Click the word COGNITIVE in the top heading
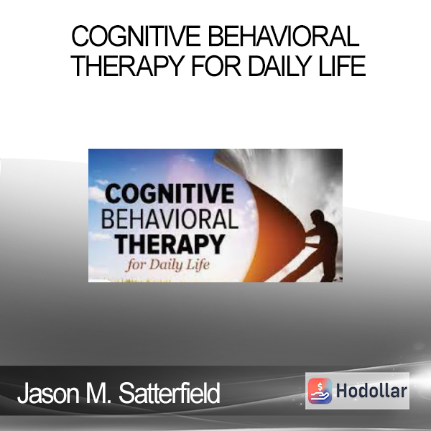tap(136, 37)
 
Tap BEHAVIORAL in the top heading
tap(284, 37)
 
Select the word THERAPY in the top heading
tap(128, 66)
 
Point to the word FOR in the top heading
tap(216, 66)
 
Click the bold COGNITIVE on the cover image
tap(170, 193)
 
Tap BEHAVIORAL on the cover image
tap(170, 219)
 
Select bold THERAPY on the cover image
tap(170, 244)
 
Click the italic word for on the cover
tap(136, 266)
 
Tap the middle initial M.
tap(98, 393)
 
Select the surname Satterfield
tap(169, 393)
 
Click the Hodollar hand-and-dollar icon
tap(320, 391)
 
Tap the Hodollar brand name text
tap(371, 391)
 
